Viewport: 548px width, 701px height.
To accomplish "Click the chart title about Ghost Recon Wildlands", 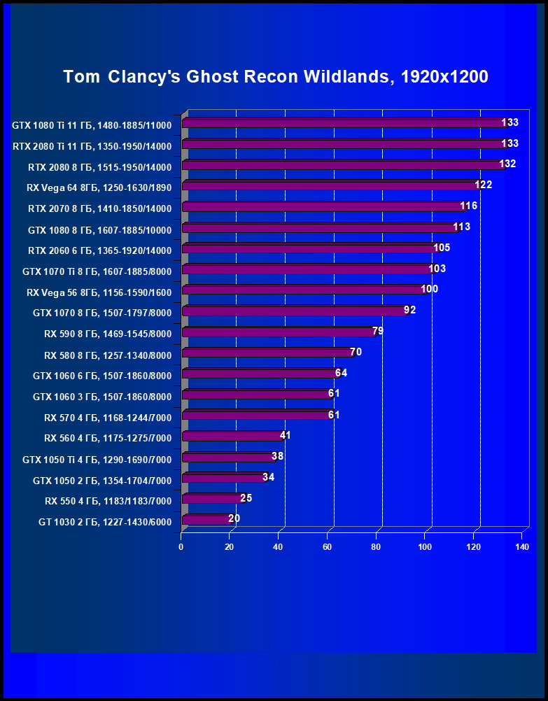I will (275, 77).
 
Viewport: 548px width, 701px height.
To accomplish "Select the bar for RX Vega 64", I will (329, 186).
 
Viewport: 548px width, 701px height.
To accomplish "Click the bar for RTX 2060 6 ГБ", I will (309, 249).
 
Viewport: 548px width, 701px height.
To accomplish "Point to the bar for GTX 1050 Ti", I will (228, 458).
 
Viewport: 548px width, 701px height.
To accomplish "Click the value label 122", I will (484, 185).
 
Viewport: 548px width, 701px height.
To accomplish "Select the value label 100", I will (429, 289).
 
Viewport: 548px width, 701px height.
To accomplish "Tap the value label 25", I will (246, 498).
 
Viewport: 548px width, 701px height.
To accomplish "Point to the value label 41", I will (285, 435).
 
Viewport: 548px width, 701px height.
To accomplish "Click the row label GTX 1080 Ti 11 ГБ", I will (92, 126).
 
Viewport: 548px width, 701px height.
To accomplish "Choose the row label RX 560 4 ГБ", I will (108, 439).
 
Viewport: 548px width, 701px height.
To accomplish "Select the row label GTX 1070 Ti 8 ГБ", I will (97, 271).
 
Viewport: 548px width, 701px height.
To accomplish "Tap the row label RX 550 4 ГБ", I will (108, 501).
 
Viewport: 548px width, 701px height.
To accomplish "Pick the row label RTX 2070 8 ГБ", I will (99, 208).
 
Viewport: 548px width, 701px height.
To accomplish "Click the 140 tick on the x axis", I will (521, 546).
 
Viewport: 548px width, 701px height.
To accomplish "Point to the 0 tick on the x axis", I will (181, 546).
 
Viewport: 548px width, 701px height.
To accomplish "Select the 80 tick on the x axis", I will (376, 546).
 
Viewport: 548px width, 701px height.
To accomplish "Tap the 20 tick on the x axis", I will (230, 546).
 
